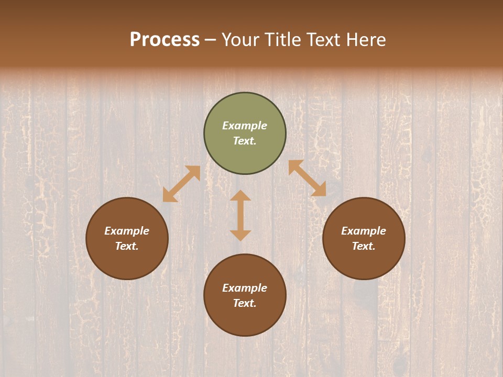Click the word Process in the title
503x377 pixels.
(x=165, y=40)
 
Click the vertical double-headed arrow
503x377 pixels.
(x=240, y=215)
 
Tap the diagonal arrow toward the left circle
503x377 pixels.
(x=181, y=184)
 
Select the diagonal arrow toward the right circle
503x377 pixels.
(x=307, y=179)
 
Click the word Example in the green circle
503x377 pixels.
(x=245, y=126)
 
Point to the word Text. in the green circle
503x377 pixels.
(x=245, y=141)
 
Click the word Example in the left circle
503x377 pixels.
(x=127, y=231)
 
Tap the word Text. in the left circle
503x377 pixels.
(x=127, y=246)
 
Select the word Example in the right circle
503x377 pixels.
(x=364, y=231)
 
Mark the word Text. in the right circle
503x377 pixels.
(x=364, y=246)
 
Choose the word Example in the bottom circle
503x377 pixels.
(x=245, y=288)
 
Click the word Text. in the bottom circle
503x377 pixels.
(x=245, y=303)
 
